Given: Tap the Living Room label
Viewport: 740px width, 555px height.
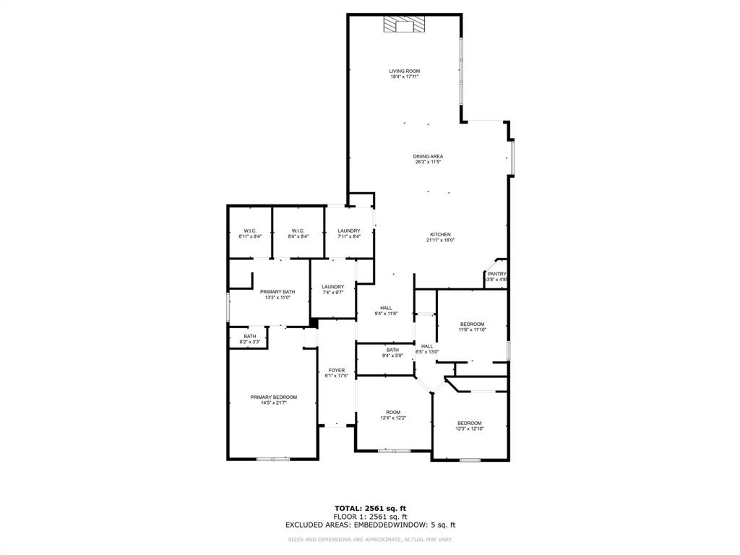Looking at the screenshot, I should coord(405,71).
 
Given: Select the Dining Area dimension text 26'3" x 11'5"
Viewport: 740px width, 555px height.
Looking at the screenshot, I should coord(428,163).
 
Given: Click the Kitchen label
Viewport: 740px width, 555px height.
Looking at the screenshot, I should coord(441,235).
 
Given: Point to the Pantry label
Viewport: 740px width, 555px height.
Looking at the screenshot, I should coord(496,274).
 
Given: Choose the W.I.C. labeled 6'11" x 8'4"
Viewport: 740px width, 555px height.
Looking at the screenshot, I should coord(250,231).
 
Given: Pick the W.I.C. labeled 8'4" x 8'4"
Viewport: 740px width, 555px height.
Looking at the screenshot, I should coord(298,231).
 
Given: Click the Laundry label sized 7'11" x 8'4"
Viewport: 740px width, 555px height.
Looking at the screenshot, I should coord(349,231).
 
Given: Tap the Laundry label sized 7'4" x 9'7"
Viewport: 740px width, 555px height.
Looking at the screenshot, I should coord(332,287).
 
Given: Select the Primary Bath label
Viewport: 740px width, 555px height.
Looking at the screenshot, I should coord(278,292).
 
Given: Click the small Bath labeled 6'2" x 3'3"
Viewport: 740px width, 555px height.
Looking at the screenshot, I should coord(249,336).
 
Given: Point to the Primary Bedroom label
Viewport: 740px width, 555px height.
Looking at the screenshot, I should coord(273,397).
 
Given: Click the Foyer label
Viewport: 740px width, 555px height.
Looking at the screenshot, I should coord(337,370).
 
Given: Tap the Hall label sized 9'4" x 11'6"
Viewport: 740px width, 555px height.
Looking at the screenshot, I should coord(386,308).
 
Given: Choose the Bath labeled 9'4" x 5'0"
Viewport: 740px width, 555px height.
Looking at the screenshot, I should coord(392,350).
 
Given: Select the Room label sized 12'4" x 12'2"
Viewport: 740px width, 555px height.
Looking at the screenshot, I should coord(392,412).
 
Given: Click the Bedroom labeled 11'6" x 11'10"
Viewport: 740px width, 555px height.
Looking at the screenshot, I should coord(472,324).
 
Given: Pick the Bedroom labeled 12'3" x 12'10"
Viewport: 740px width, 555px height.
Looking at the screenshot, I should coord(469,423).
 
